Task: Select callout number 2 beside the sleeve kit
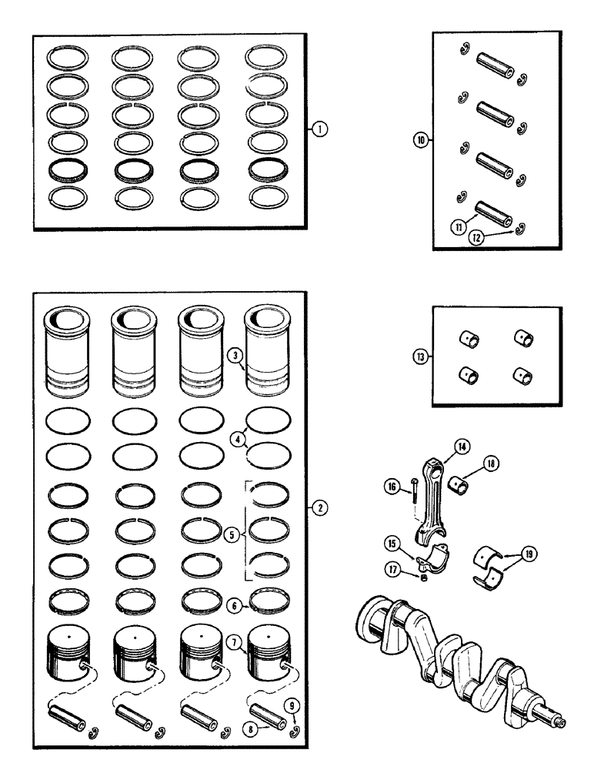pos(317,507)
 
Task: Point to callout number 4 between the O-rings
pos(238,437)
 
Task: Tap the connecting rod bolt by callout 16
pos(415,505)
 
